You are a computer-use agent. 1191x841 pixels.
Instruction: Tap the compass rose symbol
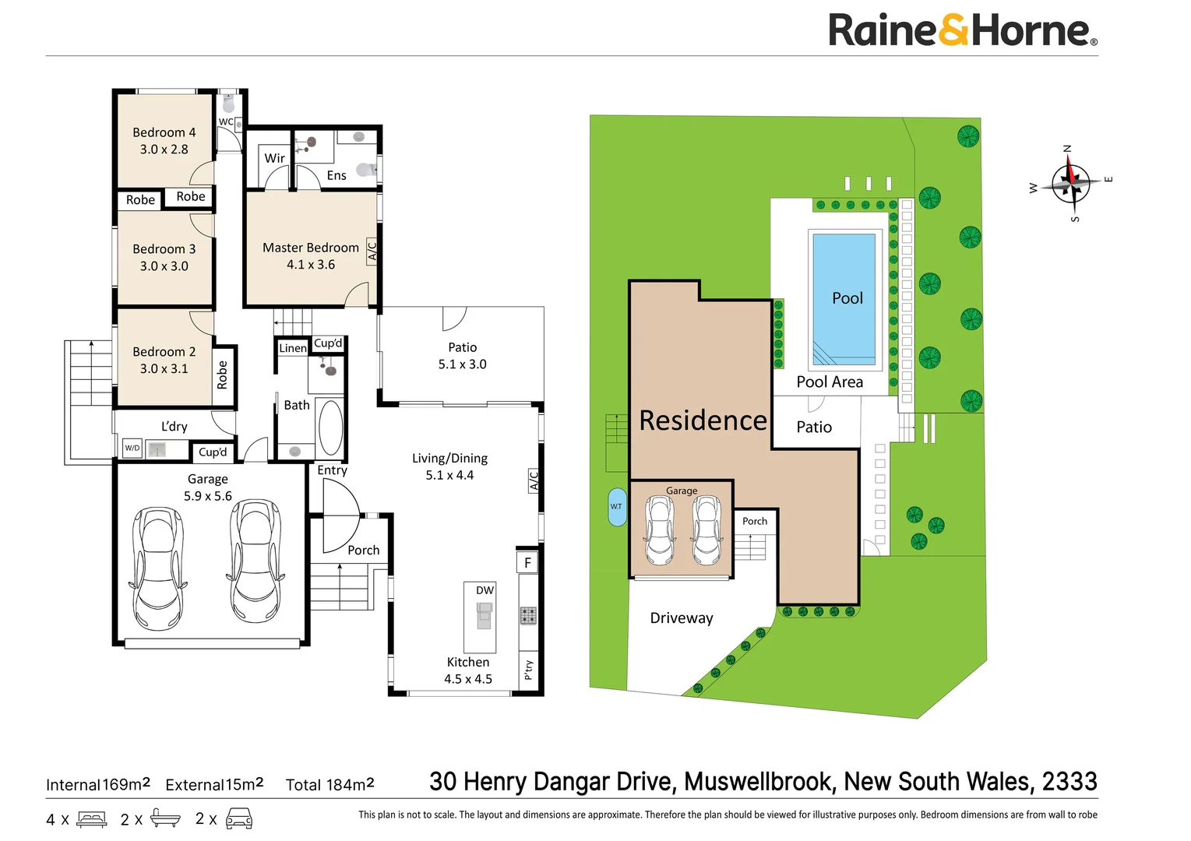click(x=1071, y=184)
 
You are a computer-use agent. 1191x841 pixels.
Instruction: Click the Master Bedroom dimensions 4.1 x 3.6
click(x=311, y=264)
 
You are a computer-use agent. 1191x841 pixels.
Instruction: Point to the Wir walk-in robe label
click(x=274, y=158)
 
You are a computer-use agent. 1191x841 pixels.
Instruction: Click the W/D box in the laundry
click(x=132, y=448)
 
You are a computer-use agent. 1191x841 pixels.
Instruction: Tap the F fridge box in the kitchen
click(x=527, y=562)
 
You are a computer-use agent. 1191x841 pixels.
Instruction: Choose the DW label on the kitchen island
click(x=485, y=589)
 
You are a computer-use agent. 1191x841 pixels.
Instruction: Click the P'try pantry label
click(x=528, y=669)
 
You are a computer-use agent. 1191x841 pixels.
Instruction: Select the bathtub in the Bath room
click(x=330, y=427)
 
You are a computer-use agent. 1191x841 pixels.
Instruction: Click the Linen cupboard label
click(x=292, y=347)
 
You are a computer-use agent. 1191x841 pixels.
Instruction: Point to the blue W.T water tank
click(x=617, y=507)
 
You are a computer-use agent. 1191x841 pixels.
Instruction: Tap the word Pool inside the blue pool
click(x=847, y=298)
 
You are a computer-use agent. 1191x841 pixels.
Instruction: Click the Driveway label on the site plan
click(x=681, y=618)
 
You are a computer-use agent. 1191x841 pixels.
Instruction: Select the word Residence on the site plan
click(x=703, y=420)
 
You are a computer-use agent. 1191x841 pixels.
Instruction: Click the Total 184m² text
click(x=329, y=784)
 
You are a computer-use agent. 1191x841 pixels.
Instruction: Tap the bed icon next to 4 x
click(x=91, y=819)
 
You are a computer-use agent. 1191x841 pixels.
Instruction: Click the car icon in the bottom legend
click(x=238, y=818)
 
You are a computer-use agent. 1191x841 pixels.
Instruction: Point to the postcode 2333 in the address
click(x=1069, y=782)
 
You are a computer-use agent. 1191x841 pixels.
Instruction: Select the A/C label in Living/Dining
click(x=534, y=480)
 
